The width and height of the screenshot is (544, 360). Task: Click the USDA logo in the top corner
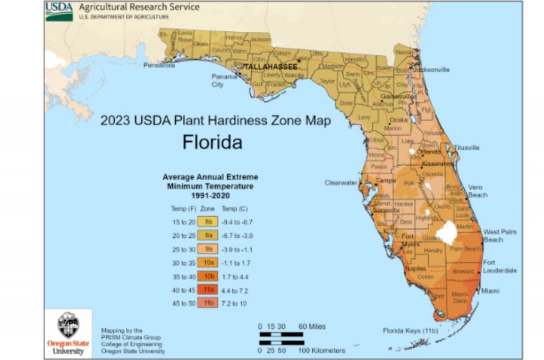[59, 11]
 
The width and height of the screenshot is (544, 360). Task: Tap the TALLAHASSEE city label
[270, 67]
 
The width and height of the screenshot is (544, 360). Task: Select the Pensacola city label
[159, 65]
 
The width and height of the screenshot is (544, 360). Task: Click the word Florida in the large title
[212, 142]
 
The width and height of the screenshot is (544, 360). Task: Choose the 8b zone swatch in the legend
[208, 221]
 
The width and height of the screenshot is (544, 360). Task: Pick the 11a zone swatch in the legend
[208, 290]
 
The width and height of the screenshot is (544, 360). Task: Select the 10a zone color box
[208, 263]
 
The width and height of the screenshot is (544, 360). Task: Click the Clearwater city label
[341, 183]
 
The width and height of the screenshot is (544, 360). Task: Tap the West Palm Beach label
[499, 236]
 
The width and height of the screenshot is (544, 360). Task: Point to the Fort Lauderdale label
[499, 267]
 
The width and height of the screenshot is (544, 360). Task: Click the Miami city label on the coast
[490, 291]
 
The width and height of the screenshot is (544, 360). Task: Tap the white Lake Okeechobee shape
[447, 232]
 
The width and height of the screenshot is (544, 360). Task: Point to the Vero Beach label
[477, 191]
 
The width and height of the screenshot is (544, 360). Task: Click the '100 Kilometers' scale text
[321, 350]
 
